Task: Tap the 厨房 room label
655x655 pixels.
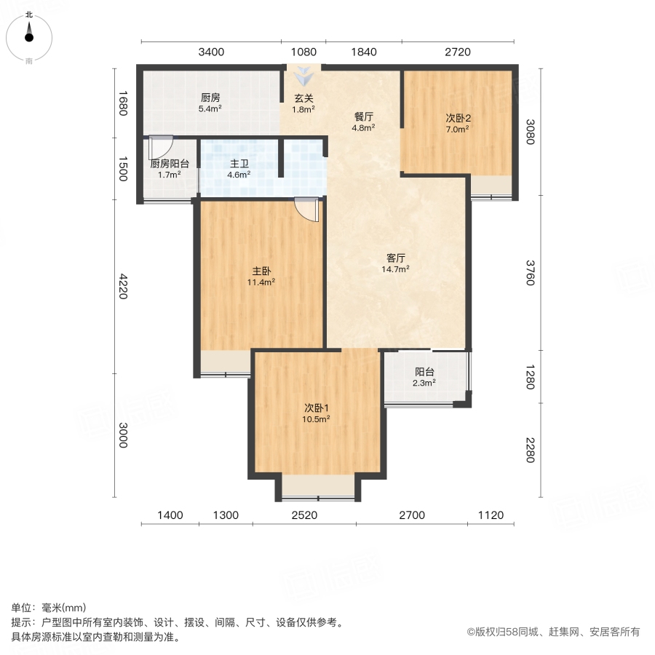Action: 210,98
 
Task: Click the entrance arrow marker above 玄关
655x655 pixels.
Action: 303,74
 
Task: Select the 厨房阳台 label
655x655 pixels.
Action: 170,164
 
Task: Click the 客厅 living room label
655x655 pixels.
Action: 395,258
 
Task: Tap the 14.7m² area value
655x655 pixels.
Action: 395,269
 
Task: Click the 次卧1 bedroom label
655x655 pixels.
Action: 317,408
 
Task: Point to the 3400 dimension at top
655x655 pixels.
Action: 211,52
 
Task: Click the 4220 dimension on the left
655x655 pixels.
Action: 123,286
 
